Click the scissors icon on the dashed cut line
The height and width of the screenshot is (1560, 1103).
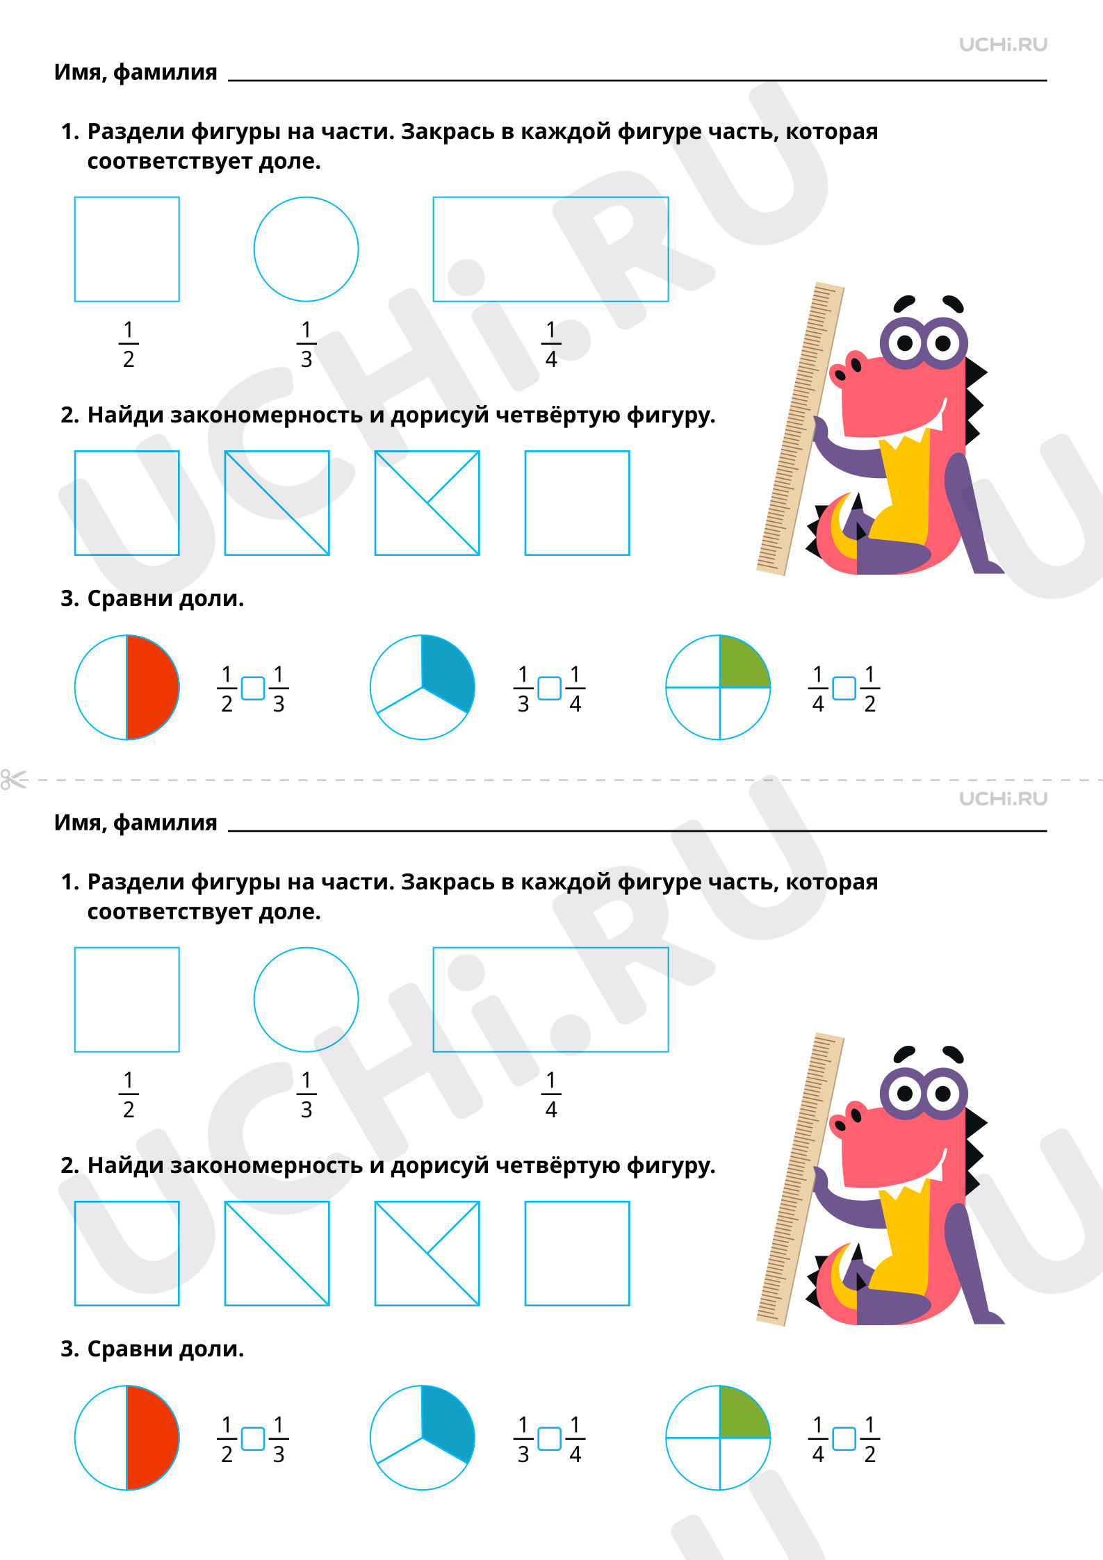point(14,779)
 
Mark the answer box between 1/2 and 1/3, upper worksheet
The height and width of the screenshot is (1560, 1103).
point(252,688)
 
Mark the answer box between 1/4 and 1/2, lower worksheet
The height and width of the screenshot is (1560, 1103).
point(844,1438)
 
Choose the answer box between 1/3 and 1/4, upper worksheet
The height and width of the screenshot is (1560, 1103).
point(549,688)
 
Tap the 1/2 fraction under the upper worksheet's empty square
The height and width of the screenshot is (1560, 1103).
point(129,344)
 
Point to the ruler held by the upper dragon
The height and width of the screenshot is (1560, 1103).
point(800,429)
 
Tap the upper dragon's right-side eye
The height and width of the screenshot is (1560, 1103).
point(943,343)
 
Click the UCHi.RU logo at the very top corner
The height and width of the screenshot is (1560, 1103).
point(1003,44)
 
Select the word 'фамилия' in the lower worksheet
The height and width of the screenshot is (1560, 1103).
point(165,823)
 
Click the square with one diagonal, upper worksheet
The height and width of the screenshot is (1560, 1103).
point(277,503)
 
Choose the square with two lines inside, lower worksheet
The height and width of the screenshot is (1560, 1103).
point(427,1254)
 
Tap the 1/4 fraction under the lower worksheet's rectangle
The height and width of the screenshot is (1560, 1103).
point(551,1094)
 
